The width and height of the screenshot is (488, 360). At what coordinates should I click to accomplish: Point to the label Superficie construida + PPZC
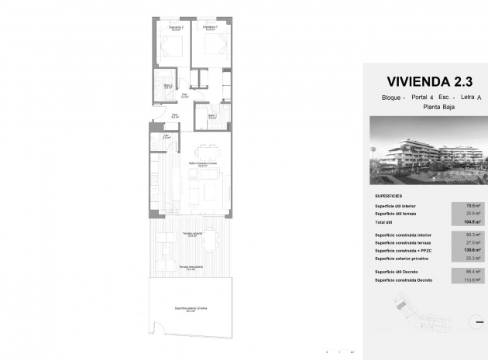404,250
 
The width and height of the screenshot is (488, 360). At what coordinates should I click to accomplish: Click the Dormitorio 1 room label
211,29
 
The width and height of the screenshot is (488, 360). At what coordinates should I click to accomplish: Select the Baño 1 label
211,116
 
